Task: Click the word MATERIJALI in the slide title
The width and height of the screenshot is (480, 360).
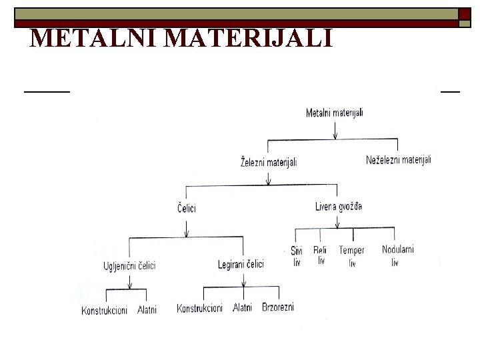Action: [x=248, y=39]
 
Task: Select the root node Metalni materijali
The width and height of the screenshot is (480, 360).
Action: [x=335, y=113]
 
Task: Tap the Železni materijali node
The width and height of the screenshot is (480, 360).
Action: [x=269, y=162]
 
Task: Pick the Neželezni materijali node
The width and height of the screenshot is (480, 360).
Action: [x=399, y=160]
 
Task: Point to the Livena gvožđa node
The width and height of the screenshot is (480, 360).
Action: [x=339, y=207]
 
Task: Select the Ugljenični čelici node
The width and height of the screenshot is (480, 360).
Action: [x=129, y=265]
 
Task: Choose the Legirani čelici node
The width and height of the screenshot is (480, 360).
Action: [x=241, y=265]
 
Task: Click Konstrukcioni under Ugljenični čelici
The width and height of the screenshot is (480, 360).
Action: [x=105, y=311]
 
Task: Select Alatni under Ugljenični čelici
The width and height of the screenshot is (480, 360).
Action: [x=147, y=311]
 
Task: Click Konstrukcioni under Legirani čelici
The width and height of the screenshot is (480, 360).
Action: [x=200, y=308]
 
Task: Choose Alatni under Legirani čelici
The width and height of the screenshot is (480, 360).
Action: [x=243, y=307]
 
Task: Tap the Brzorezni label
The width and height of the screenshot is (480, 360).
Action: [x=278, y=307]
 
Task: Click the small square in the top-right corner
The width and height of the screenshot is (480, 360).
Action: [x=465, y=23]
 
